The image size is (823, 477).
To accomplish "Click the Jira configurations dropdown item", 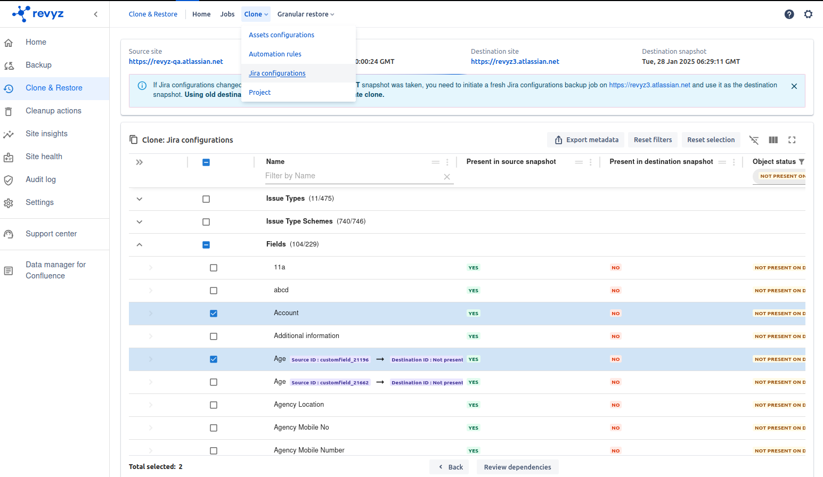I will pyautogui.click(x=277, y=73).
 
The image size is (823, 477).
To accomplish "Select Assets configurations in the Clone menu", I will pyautogui.click(x=281, y=35).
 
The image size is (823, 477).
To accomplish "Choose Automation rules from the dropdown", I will pyautogui.click(x=275, y=54).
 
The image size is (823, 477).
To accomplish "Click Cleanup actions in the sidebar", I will pyautogui.click(x=53, y=111).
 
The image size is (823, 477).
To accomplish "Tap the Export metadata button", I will pyautogui.click(x=586, y=140).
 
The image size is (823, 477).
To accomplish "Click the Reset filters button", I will pyautogui.click(x=653, y=140).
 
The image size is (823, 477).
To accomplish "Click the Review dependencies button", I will pyautogui.click(x=517, y=467).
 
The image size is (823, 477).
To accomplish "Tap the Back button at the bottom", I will pyautogui.click(x=450, y=467).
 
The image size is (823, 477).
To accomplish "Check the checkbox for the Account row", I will pyautogui.click(x=214, y=314).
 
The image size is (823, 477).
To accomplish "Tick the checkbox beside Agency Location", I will pyautogui.click(x=214, y=405).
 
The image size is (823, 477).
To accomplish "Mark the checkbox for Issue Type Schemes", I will pyautogui.click(x=206, y=222).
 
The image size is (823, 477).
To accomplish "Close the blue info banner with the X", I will pyautogui.click(x=794, y=86).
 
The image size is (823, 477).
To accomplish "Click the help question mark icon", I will pyautogui.click(x=789, y=14).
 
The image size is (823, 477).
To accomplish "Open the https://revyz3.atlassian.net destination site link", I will pyautogui.click(x=515, y=62).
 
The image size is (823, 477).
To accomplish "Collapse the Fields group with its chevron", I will pyautogui.click(x=140, y=245).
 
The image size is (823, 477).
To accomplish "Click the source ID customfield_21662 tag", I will pyautogui.click(x=330, y=383).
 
